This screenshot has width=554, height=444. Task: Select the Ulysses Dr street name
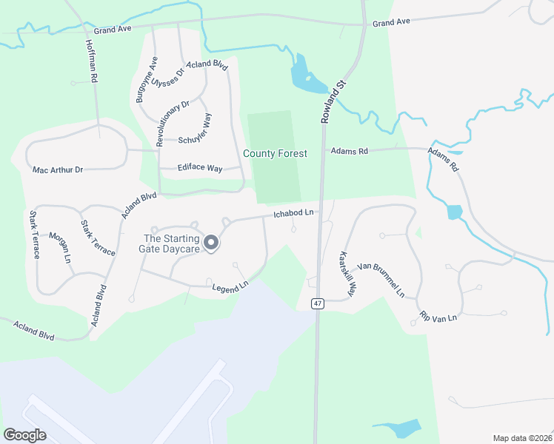pos(167,73)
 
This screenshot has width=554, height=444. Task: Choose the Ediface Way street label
pos(200,169)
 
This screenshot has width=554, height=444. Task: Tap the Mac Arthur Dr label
pos(58,169)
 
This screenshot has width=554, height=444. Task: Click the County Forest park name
pos(275,154)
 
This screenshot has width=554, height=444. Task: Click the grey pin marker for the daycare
pos(210,243)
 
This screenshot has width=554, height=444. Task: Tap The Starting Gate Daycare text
pos(171,243)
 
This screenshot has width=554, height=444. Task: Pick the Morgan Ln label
pos(59,248)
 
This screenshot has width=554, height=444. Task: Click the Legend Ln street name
pos(230,286)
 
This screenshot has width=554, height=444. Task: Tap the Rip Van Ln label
pos(438,316)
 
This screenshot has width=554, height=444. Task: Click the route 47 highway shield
pos(317,303)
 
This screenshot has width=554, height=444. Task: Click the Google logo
pos(24,435)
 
